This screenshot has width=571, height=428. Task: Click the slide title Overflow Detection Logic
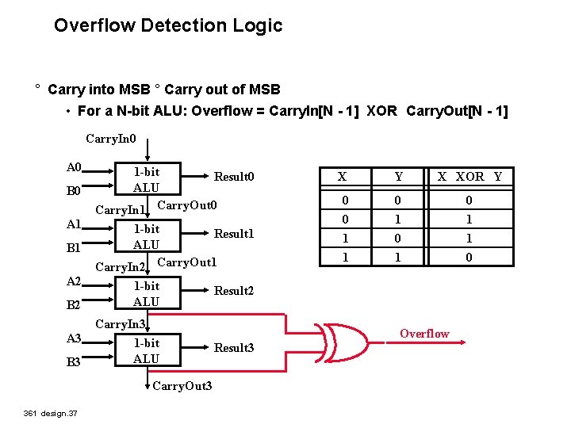[168, 25]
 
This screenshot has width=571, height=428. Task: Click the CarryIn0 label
[111, 139]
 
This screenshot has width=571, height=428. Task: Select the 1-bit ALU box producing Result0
[146, 180]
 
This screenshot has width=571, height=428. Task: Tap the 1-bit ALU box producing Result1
[146, 237]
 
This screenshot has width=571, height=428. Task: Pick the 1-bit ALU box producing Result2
[146, 293]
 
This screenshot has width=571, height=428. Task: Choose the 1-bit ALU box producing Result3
[146, 350]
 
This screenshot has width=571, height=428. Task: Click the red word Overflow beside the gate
[424, 334]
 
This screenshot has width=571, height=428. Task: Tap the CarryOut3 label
[182, 386]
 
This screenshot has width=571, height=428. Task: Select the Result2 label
[234, 291]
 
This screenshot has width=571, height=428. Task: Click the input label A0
[74, 167]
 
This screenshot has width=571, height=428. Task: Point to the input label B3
[74, 362]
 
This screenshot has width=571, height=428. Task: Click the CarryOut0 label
[187, 206]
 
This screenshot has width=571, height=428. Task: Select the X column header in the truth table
[342, 177]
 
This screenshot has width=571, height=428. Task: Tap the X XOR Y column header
[470, 177]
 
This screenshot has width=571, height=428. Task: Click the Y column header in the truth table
[399, 177]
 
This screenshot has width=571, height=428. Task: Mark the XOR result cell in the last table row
[469, 258]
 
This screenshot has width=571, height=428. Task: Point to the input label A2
[74, 281]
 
